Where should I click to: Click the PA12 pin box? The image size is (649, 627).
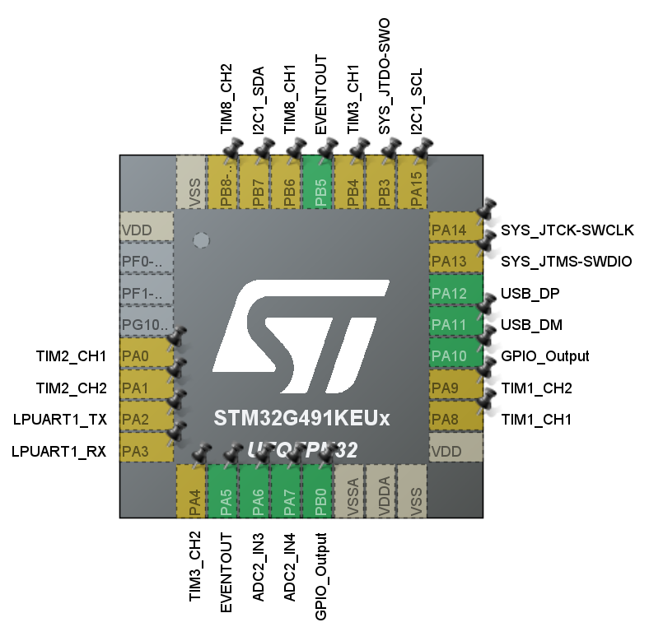pyautogui.click(x=455, y=293)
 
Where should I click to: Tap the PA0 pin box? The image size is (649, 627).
pyautogui.click(x=146, y=356)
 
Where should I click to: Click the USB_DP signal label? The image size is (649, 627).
pyautogui.click(x=525, y=293)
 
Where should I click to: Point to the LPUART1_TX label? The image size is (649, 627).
pyautogui.click(x=60, y=420)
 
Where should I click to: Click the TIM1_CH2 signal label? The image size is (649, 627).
pyautogui.click(x=536, y=388)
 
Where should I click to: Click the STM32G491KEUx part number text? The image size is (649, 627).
pyautogui.click(x=301, y=418)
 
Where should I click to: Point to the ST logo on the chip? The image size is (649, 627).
pyautogui.click(x=301, y=337)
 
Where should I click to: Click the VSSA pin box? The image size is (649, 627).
pyautogui.click(x=352, y=491)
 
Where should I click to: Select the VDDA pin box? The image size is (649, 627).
pyautogui.click(x=383, y=491)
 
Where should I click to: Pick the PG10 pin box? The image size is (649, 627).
pyautogui.click(x=146, y=325)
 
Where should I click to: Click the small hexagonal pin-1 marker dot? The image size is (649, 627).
pyautogui.click(x=199, y=240)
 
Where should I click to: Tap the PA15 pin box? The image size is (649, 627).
pyautogui.click(x=415, y=182)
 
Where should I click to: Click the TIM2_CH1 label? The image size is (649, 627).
pyautogui.click(x=72, y=356)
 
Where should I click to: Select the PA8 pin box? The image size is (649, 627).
pyautogui.click(x=455, y=420)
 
